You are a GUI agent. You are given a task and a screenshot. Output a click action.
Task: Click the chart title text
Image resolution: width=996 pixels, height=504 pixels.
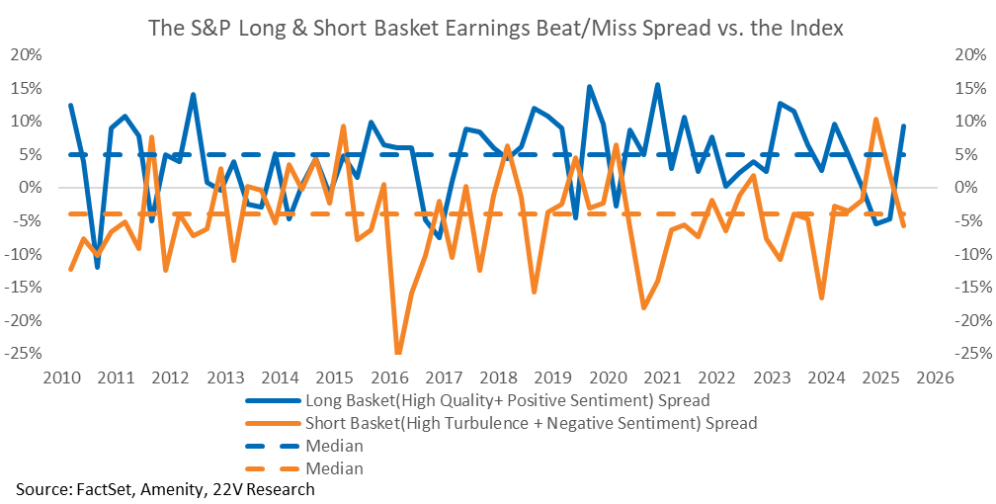click(x=496, y=29)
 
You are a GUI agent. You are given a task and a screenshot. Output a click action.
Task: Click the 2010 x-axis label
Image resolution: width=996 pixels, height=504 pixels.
click(x=62, y=377)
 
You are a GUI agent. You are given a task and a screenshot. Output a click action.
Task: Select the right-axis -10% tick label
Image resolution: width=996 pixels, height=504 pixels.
click(x=966, y=254)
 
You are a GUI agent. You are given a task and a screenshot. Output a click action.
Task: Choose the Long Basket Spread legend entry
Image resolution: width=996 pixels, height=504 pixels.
click(x=507, y=401)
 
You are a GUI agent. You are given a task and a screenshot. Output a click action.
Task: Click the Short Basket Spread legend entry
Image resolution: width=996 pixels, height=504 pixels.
click(x=532, y=423)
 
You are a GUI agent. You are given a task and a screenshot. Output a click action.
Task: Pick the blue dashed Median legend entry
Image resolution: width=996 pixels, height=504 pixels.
click(x=334, y=446)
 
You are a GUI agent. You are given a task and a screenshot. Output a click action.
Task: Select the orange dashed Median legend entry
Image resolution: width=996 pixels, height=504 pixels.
click(x=334, y=468)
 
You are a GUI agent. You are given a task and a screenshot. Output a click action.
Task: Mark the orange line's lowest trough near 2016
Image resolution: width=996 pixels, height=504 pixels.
click(x=398, y=353)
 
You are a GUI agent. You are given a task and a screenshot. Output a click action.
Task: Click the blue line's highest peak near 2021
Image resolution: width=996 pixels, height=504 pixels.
click(x=657, y=85)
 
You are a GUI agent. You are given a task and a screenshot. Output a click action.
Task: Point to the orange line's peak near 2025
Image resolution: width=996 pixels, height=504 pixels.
click(x=875, y=119)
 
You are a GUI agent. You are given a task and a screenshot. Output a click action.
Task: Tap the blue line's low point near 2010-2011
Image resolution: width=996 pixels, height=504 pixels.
click(x=97, y=267)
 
